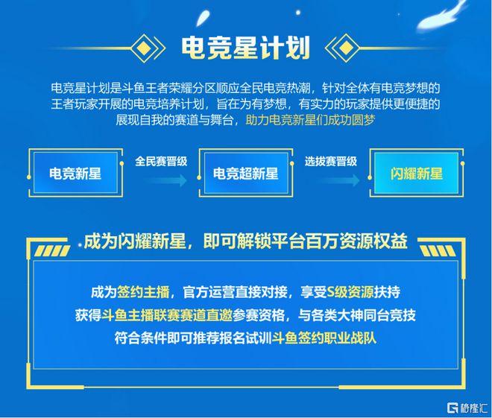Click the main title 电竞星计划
(246, 48)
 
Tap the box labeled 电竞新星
(75, 173)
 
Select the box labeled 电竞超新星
(246, 173)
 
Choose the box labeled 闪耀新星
(417, 173)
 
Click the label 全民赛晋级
(161, 161)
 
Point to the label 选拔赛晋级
(331, 161)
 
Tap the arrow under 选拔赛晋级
(339, 180)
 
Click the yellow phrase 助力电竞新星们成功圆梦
(311, 120)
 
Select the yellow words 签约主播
(143, 292)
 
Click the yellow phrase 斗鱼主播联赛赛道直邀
(167, 315)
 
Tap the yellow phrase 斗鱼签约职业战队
(324, 338)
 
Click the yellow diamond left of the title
(143, 48)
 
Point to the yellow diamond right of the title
(345, 48)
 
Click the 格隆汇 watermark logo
(467, 408)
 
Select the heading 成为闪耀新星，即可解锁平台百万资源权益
(246, 241)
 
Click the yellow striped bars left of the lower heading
(51, 250)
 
